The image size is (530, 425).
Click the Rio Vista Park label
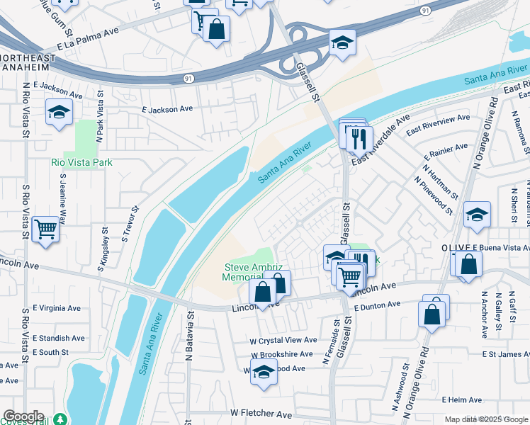click(82, 162)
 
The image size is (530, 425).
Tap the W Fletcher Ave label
click(261, 414)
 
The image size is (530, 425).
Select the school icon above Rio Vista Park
click(60, 112)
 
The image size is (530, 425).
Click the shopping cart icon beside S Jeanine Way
click(45, 229)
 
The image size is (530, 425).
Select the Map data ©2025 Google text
click(486, 419)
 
